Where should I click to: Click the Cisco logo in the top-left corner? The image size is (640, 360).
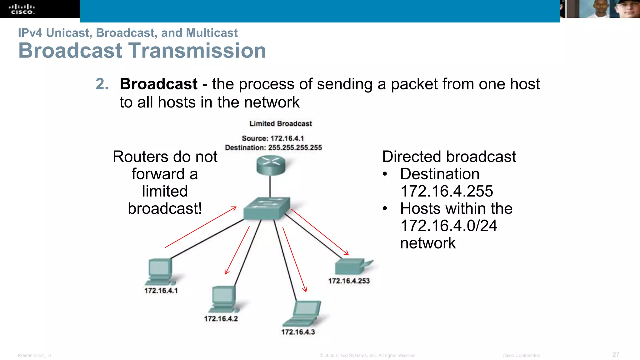point(22,9)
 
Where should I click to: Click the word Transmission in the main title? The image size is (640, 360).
point(197,51)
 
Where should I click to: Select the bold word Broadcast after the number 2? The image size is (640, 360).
point(158,84)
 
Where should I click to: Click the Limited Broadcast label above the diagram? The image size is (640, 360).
point(280,124)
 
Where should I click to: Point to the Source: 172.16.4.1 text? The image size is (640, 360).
point(272,138)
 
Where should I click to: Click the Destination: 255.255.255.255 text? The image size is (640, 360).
point(273,147)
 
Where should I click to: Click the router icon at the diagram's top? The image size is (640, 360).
point(271,165)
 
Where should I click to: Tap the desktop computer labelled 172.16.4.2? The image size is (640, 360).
point(223,298)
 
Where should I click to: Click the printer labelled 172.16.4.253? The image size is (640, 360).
point(352,266)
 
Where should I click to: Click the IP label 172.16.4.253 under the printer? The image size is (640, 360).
point(349,281)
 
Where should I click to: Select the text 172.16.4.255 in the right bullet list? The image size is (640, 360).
point(447,191)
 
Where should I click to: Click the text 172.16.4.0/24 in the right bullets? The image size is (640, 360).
point(448,226)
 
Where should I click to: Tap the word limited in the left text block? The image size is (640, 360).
point(165,191)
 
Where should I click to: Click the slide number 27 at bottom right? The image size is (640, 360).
point(616,354)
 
